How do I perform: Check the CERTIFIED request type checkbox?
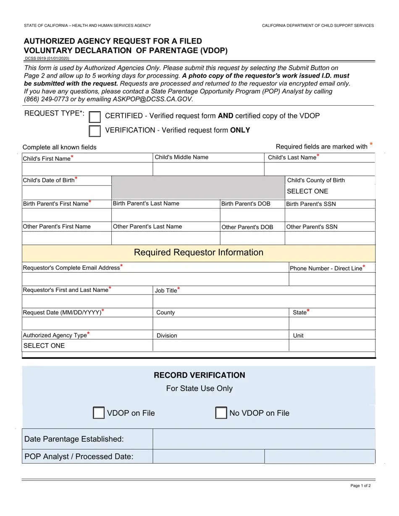[x=95, y=117]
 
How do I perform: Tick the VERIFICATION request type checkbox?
[x=95, y=131]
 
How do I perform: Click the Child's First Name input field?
[x=87, y=169]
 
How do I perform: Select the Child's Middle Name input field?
[x=208, y=169]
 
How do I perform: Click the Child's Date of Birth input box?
[x=66, y=192]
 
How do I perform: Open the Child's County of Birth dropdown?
[x=330, y=191]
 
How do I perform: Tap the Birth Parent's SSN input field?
[x=330, y=215]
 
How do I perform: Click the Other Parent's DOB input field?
[x=252, y=238]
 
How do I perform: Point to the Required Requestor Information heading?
[x=199, y=253]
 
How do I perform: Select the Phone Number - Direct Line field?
[x=332, y=279]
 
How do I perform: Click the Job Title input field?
[x=264, y=301]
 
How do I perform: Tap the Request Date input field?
[x=87, y=323]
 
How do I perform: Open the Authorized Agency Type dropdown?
[x=87, y=346]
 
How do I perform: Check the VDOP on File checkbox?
[x=98, y=413]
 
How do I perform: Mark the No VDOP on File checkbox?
[x=221, y=413]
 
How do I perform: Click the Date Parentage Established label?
[x=74, y=439]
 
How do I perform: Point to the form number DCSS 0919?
[x=47, y=58]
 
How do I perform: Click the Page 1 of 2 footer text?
[x=360, y=486]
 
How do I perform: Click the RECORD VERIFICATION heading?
[x=199, y=375]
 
